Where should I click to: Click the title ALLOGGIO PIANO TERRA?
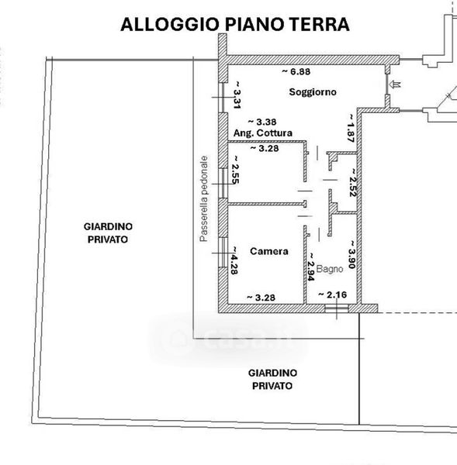235,25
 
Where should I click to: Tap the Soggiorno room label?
313,92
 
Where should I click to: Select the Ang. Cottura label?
263,133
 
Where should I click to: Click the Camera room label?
269,251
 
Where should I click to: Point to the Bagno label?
330,269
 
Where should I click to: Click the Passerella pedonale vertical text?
204,198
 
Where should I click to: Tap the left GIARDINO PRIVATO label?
108,233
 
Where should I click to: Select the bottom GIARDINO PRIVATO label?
272,379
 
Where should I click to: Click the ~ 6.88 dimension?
296,72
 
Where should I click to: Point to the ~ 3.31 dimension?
237,95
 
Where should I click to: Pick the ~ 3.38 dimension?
262,122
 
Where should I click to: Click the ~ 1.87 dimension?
351,128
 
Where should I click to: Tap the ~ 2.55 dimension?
235,170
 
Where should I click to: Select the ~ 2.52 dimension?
353,183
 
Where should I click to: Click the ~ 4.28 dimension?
234,260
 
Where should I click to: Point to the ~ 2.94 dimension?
311,267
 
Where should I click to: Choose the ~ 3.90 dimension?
352,255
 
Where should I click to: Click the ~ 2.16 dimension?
332,294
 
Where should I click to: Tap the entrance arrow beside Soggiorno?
396,84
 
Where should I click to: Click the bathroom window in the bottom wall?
337,308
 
